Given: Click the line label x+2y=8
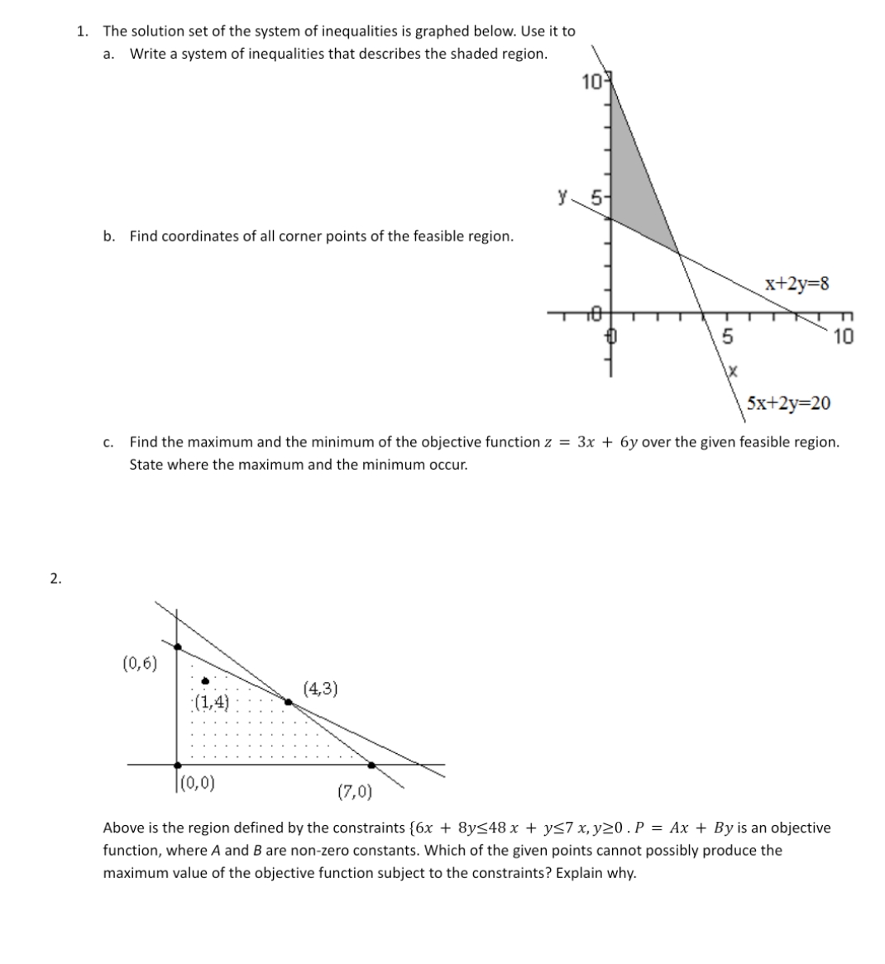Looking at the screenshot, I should click(x=797, y=284).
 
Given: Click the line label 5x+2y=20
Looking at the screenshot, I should click(x=788, y=403).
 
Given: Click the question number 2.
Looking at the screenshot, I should click(x=55, y=579).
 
